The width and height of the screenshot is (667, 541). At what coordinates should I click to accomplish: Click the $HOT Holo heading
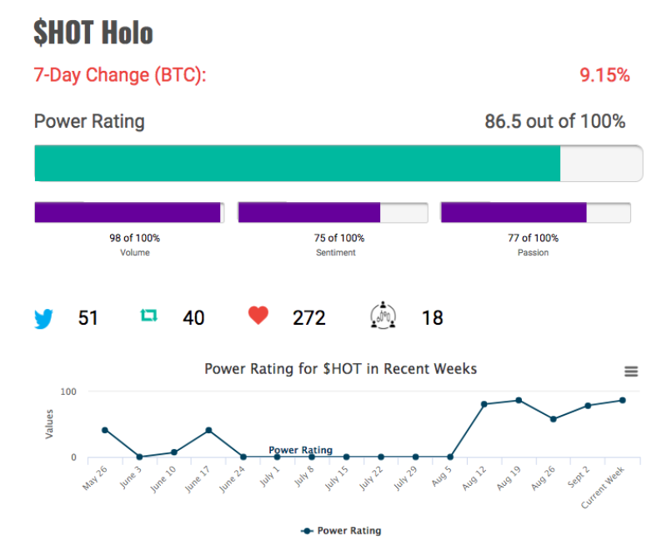tap(93, 33)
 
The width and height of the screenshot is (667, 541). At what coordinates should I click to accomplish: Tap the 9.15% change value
tap(604, 75)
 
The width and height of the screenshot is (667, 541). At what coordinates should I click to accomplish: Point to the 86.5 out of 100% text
tap(555, 121)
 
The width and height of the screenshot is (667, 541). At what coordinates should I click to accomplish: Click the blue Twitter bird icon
tap(43, 319)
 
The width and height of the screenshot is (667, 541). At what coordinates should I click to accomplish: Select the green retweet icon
tap(149, 316)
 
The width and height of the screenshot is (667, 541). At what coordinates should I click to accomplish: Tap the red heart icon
tap(258, 316)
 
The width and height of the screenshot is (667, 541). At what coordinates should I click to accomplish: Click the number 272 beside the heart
tap(308, 318)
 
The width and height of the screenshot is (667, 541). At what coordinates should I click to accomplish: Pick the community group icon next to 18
tap(383, 316)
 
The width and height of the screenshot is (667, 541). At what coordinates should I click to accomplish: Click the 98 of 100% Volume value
tap(134, 238)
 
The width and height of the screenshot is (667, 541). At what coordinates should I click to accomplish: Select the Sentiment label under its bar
tap(336, 253)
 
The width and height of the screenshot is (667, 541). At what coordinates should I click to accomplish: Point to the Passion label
tap(533, 253)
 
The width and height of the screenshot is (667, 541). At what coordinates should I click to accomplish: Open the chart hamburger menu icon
tap(631, 372)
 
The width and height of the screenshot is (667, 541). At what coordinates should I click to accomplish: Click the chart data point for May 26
tap(105, 430)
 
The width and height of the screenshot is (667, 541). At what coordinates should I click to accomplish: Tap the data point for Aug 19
tap(519, 401)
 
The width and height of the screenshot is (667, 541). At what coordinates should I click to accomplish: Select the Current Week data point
tap(622, 401)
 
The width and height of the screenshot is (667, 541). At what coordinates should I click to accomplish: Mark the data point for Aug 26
tap(553, 419)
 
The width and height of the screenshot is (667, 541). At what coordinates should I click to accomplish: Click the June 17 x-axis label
tap(198, 480)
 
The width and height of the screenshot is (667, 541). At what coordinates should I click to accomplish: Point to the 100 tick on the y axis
tap(68, 392)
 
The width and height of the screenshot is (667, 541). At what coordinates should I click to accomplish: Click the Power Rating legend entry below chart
tap(341, 531)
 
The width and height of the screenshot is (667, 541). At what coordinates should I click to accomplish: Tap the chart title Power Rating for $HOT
tap(341, 369)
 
